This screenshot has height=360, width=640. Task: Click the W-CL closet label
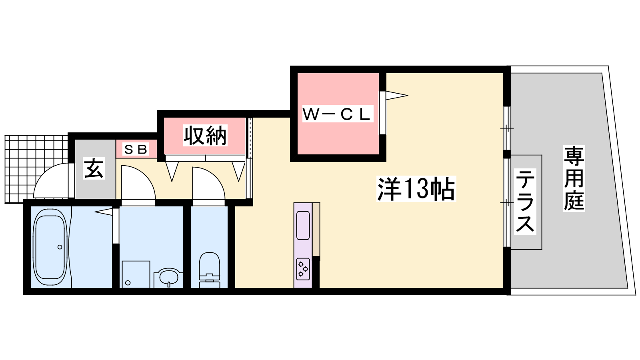338,114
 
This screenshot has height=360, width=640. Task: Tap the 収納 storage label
205,136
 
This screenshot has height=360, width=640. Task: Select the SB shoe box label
136,149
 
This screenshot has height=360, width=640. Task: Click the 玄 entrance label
94,168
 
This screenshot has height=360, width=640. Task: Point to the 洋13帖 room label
416,189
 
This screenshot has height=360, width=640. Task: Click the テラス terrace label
525,202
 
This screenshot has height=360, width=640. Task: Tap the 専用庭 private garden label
574,178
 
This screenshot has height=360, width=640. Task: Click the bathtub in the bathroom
50,247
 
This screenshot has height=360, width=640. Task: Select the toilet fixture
210,270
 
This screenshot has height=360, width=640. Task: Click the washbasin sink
168,278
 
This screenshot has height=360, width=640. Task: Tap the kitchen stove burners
303,269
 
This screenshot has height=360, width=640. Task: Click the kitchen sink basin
303,226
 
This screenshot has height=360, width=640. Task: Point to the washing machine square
136,274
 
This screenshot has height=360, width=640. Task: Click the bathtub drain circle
60,247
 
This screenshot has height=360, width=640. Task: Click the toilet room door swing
209,183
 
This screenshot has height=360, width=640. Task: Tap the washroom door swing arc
138,182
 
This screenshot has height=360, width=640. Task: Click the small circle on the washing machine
128,283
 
